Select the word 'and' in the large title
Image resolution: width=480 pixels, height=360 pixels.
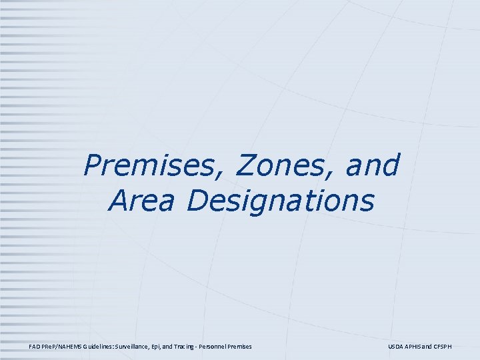pos(373,166)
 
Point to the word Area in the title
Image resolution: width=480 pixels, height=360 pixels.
pos(141,201)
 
